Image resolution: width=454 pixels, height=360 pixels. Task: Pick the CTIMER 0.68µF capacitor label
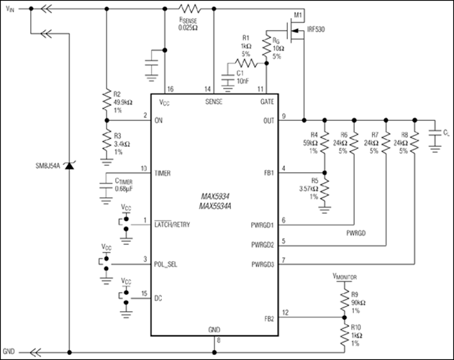tap(125, 186)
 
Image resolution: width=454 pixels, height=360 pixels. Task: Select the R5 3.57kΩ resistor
tap(325, 190)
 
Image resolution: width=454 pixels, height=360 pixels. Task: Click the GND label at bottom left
tap(10, 352)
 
